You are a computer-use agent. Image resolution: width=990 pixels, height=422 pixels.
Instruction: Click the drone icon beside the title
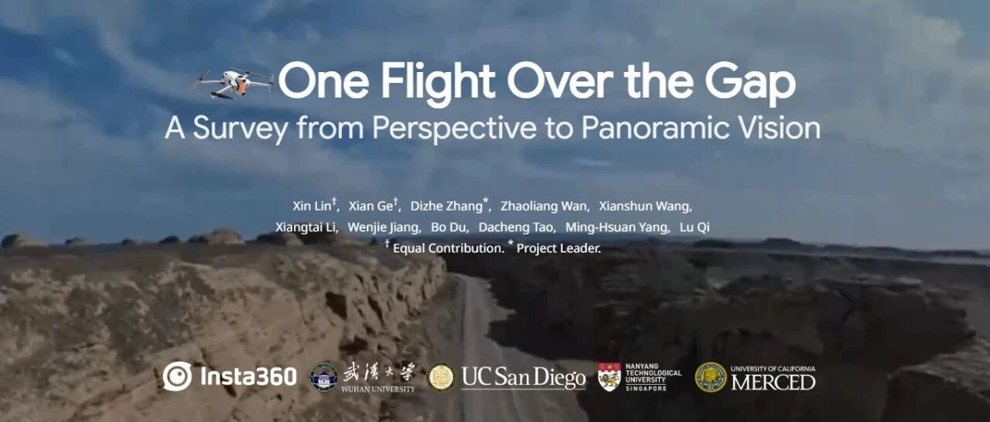pos(233,83)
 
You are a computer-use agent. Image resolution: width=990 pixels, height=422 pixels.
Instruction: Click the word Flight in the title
pos(438,83)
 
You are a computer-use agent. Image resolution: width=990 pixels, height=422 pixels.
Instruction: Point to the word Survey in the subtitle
pos(240,129)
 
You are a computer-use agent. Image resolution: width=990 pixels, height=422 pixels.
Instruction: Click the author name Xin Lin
pos(312,206)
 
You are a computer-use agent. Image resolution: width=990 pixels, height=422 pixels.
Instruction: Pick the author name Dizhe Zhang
pos(446,206)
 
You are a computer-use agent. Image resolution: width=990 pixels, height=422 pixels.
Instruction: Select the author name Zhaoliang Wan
pos(544,206)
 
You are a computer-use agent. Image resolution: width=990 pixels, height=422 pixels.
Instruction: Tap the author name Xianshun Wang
pos(644,206)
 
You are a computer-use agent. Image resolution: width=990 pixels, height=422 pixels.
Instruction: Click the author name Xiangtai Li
pos(306,228)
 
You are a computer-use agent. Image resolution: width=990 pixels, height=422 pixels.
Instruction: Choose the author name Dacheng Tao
pos(516,228)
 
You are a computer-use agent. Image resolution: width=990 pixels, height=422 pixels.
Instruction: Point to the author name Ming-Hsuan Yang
pos(616,228)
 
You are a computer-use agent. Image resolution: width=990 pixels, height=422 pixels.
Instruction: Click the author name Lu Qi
pos(695,228)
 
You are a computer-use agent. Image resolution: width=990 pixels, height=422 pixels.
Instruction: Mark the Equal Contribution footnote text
pos(448,248)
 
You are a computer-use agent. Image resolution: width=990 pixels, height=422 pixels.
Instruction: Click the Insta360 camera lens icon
pos(177,376)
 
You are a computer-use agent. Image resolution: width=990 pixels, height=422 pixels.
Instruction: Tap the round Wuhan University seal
pos(324,376)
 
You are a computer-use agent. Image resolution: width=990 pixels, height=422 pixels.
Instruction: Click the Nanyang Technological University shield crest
pos(609,377)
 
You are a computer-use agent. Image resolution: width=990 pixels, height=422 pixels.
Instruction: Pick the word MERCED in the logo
pos(773,383)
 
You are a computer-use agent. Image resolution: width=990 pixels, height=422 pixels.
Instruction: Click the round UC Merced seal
pos(710,377)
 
